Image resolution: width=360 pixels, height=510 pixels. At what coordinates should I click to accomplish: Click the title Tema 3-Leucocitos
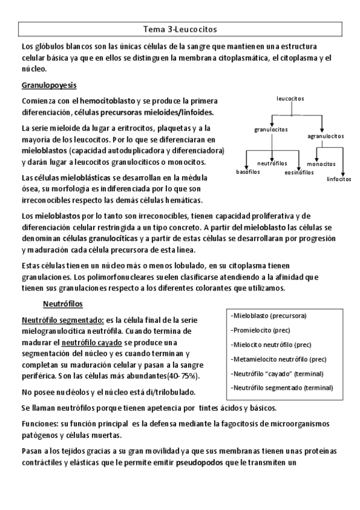[180, 28]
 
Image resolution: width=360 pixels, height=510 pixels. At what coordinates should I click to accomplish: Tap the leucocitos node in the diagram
[290, 97]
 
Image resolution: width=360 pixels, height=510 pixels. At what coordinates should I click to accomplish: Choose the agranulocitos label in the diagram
[325, 136]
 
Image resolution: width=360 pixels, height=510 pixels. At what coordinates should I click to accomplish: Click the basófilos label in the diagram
[247, 172]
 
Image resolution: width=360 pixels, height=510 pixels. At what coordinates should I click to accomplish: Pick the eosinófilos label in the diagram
[299, 173]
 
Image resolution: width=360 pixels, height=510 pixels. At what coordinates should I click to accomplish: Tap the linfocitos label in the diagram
[340, 179]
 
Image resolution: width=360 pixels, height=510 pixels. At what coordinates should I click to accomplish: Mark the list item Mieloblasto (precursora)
[269, 316]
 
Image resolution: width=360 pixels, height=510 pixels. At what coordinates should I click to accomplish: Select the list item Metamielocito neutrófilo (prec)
[279, 359]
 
